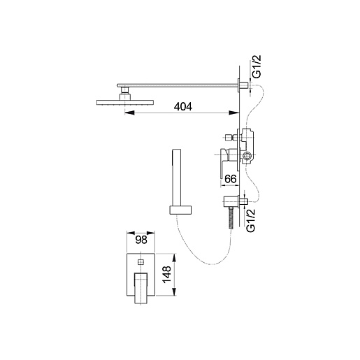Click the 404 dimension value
(x=183, y=106)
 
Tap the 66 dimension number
(x=231, y=179)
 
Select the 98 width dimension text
(x=141, y=240)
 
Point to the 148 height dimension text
(x=167, y=275)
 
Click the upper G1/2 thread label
(x=257, y=66)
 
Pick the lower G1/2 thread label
(x=251, y=220)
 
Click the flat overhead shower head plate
(x=125, y=102)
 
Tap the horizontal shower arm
(x=178, y=85)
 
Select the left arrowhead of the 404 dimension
(x=129, y=113)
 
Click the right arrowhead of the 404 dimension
(x=234, y=113)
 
